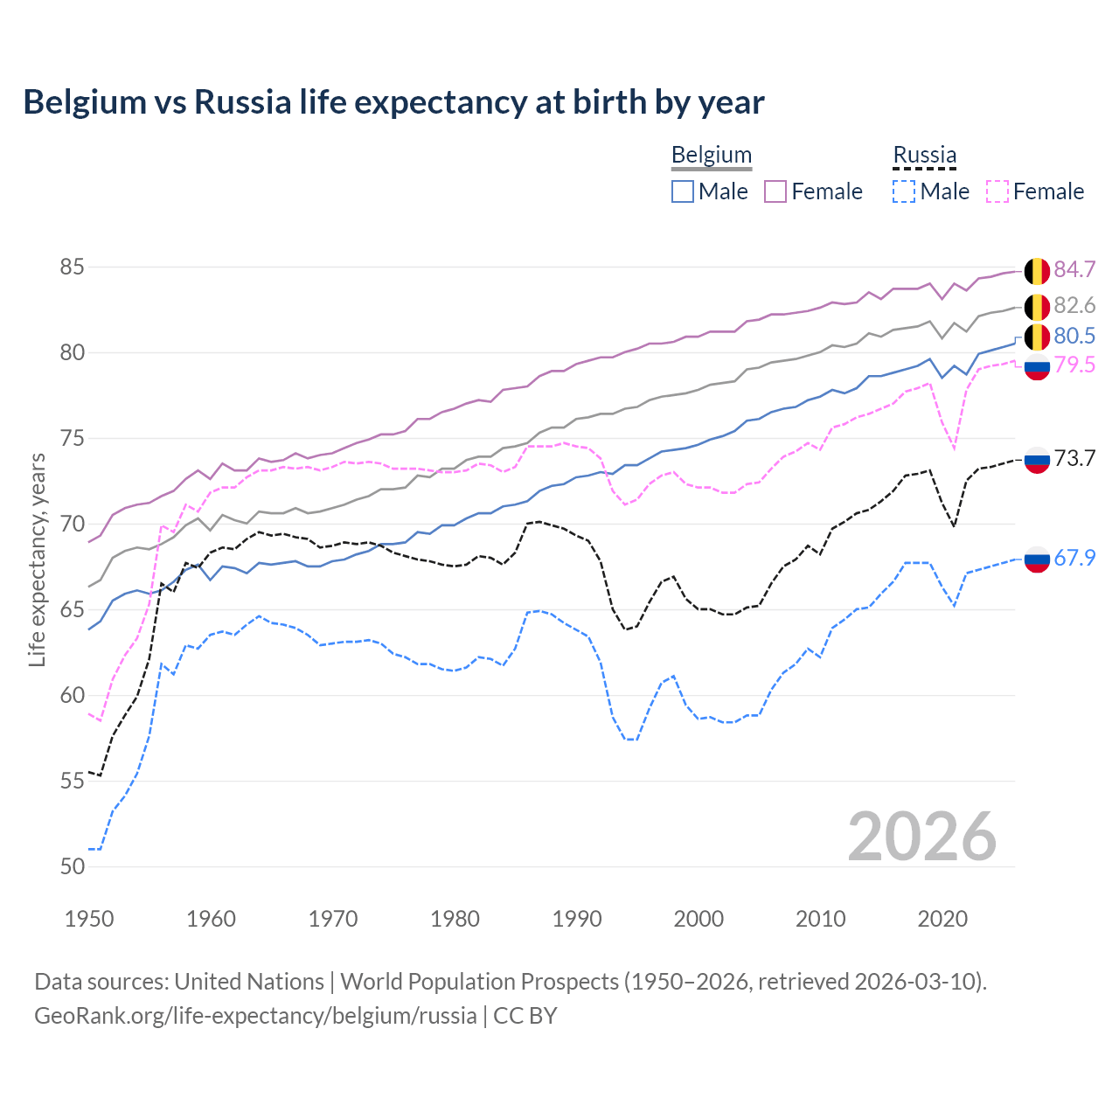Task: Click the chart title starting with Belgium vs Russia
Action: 393,102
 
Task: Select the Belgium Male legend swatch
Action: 683,191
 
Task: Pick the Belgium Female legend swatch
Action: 775,191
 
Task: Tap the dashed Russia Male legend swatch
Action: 904,191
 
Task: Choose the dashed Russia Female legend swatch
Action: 997,191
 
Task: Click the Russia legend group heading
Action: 924,155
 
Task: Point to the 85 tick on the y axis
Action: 73,267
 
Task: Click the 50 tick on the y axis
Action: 73,866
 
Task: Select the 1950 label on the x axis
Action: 89,919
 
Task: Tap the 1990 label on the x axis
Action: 577,919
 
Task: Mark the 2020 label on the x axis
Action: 942,919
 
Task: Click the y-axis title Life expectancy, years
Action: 37,559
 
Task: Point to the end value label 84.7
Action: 1074,269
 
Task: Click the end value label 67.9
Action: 1074,558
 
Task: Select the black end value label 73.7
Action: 1074,458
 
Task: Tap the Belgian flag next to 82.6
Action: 1037,307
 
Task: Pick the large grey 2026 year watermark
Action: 921,837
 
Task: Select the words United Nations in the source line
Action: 249,982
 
